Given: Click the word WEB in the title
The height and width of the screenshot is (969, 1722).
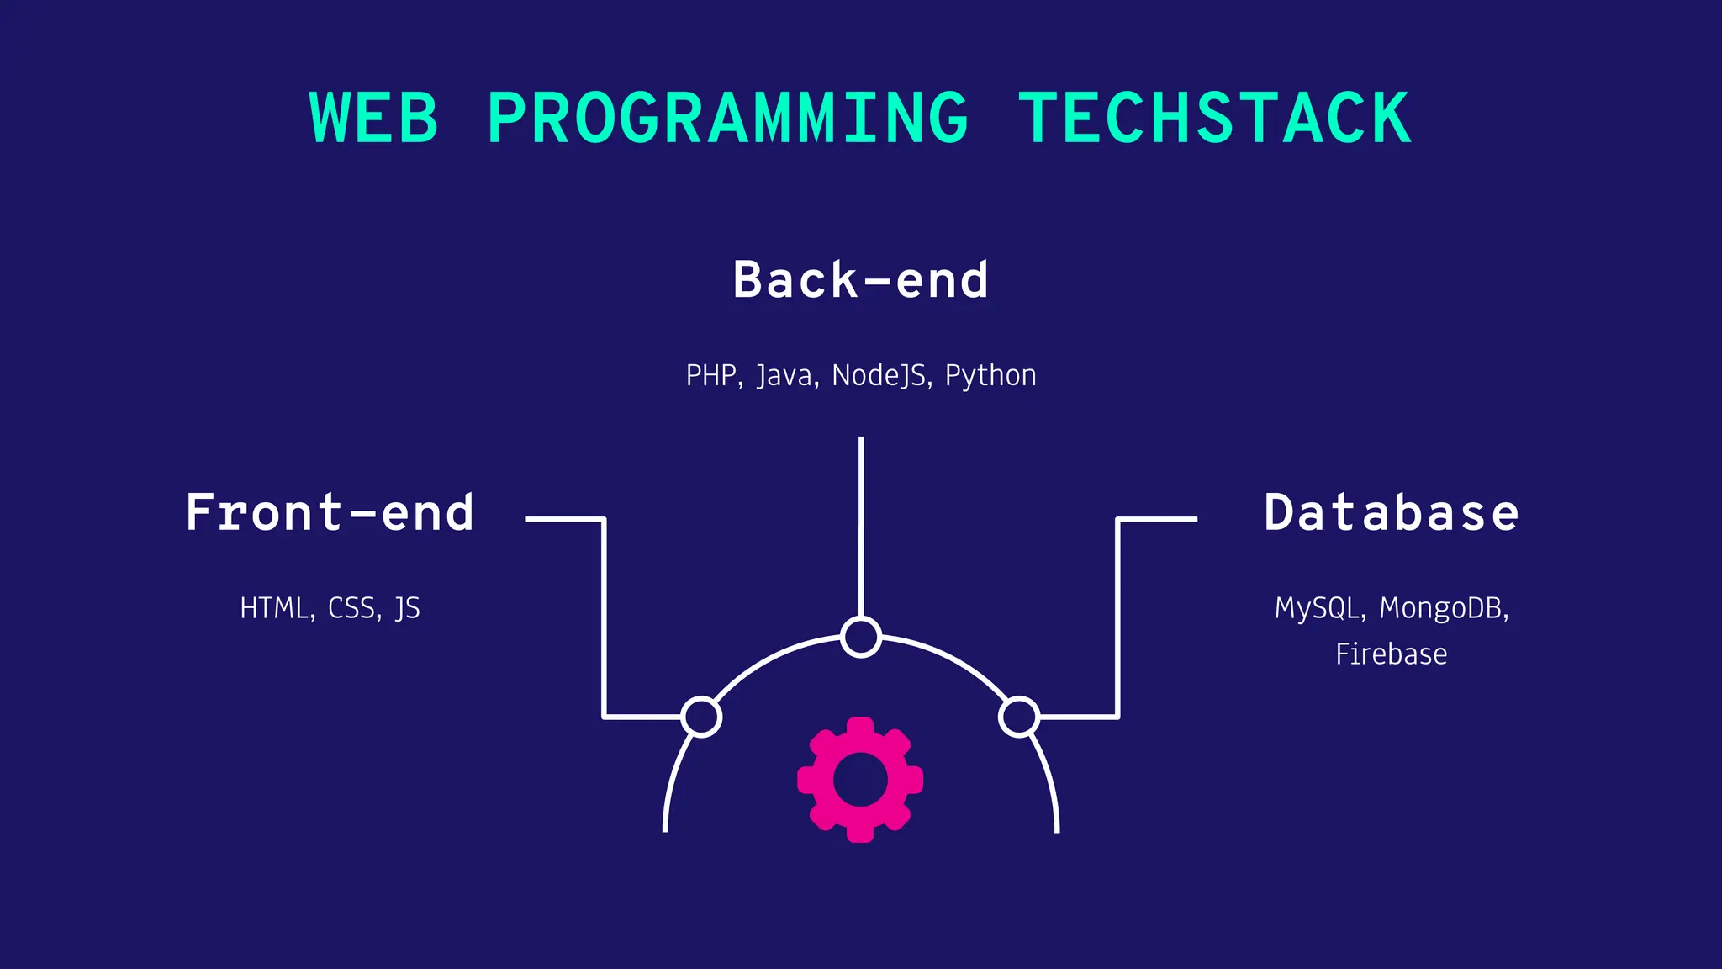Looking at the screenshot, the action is [x=374, y=118].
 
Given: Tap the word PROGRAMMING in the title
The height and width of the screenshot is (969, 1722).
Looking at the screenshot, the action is [x=728, y=118].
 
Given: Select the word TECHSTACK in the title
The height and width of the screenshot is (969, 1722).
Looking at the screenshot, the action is [x=1215, y=118].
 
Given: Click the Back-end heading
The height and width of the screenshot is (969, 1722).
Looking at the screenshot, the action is [x=861, y=280].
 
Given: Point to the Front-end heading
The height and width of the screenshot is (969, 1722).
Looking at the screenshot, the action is [x=330, y=512].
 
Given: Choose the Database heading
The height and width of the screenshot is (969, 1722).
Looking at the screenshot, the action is [x=1392, y=512].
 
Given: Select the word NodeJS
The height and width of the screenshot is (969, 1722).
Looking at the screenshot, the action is [x=879, y=375].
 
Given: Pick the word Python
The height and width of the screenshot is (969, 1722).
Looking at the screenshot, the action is [x=990, y=376].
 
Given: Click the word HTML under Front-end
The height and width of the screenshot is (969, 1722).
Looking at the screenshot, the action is [x=275, y=608].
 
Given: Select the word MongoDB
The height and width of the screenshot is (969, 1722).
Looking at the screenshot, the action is [x=1441, y=608].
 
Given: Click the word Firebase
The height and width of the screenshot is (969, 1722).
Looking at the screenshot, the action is [x=1392, y=654].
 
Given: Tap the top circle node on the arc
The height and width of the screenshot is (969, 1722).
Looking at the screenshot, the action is [x=861, y=637].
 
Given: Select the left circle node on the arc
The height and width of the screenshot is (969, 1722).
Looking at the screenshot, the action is [x=701, y=717].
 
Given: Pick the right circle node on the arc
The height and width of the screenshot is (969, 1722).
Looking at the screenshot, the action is [x=1019, y=717].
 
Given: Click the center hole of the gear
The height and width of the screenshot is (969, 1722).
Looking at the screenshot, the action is [x=860, y=780].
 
